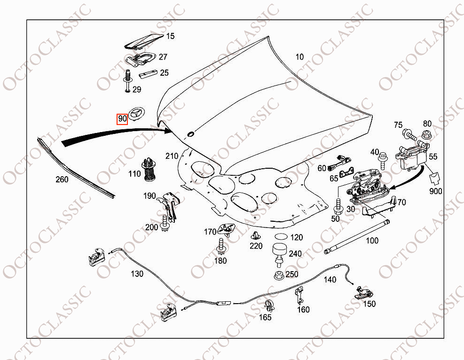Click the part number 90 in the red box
tap(122, 119)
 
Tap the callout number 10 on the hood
tap(299, 57)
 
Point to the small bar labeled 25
tap(148, 74)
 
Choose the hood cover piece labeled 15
tap(143, 41)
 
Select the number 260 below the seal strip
tap(62, 180)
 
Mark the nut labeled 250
tap(279, 274)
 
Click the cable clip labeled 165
tap(269, 305)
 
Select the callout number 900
tap(435, 191)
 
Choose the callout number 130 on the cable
tap(137, 274)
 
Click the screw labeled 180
tap(221, 246)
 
